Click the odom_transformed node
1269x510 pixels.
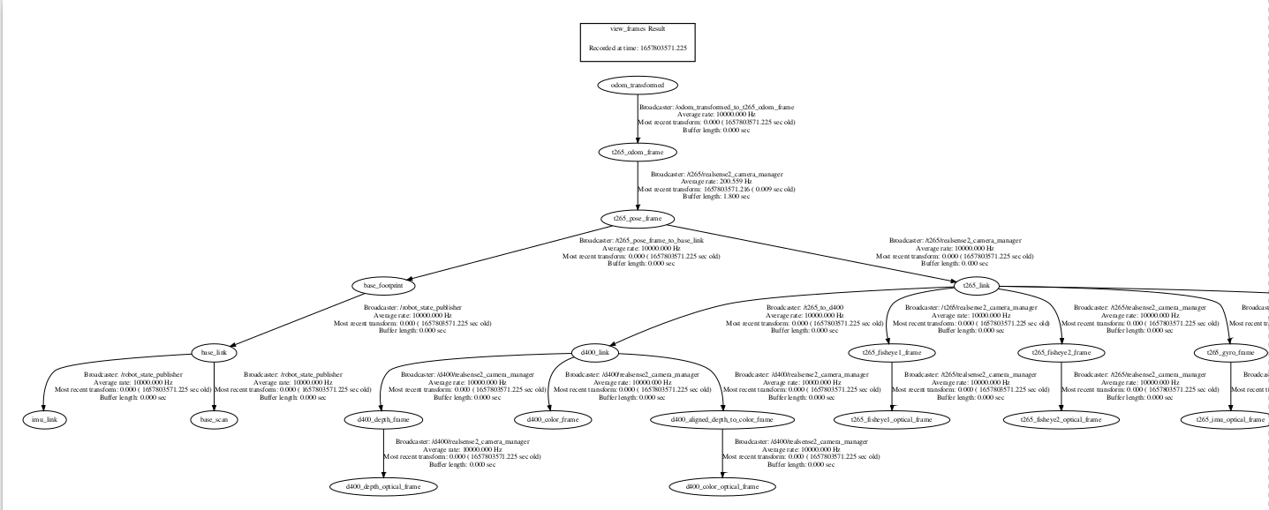coord(637,85)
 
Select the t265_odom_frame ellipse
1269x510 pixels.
coord(637,152)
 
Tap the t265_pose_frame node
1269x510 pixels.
coord(637,218)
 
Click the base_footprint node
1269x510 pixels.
coord(383,285)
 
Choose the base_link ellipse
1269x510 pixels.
coord(214,352)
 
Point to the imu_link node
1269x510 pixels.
coord(44,419)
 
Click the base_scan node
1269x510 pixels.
coord(214,419)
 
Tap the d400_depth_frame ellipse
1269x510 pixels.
coord(383,419)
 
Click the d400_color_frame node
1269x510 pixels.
coord(553,419)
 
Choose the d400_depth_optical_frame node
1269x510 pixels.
coord(383,486)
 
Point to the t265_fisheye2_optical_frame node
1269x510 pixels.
coord(1061,419)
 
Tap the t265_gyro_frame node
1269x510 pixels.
coord(1230,352)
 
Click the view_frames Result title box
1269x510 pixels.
coord(637,41)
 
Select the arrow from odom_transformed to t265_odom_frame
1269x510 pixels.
coord(637,119)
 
